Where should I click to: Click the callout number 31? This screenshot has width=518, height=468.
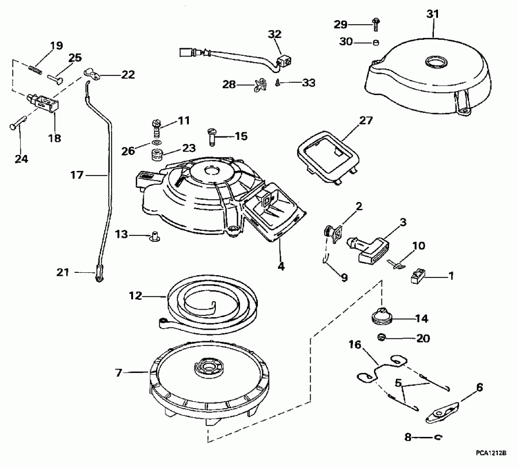click(x=432, y=13)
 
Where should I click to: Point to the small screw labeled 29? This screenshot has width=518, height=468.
click(x=376, y=24)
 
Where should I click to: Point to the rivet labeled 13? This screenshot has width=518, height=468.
click(x=154, y=235)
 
